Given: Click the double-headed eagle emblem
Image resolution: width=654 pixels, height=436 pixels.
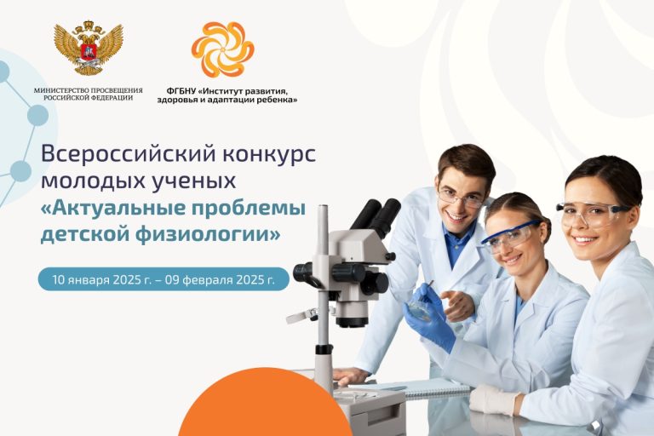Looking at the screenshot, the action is click(89, 48).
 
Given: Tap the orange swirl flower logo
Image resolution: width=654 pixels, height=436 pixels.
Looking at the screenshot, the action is click(223, 49).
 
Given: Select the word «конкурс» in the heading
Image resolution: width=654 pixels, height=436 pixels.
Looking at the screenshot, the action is click(269, 154).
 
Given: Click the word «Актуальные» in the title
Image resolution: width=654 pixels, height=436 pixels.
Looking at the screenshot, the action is click(116, 208).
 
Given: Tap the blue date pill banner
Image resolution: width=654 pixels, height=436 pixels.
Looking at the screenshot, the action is click(163, 279).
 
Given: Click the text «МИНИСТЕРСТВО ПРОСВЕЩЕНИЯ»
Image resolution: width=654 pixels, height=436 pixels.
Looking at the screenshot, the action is click(88, 90).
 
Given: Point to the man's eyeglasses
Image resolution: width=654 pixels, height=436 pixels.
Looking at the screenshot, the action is click(461, 198).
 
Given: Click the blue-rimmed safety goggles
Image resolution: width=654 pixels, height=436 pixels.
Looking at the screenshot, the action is click(511, 237).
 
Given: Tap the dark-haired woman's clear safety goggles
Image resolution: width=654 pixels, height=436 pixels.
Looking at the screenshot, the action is click(593, 214).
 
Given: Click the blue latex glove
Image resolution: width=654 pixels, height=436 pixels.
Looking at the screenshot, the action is click(429, 316).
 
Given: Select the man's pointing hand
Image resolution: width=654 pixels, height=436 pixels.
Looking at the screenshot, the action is click(459, 305).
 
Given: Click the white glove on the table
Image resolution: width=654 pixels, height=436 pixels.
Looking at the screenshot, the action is click(495, 399).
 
